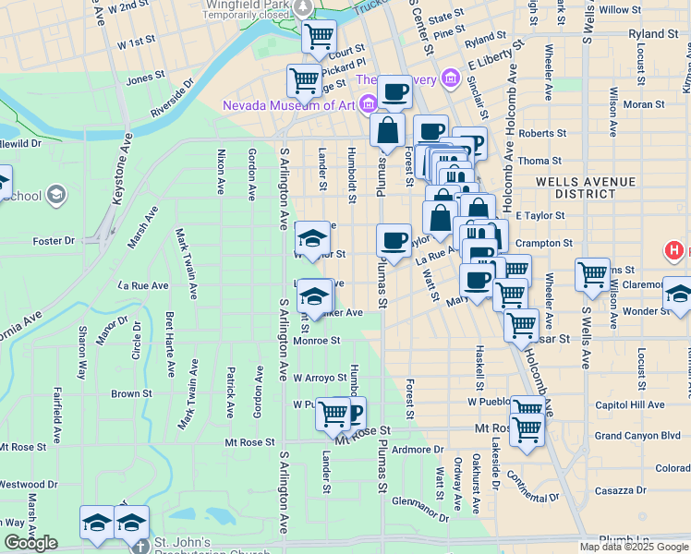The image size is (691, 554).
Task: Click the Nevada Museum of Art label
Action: click(288, 105)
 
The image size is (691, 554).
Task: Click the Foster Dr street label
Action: click(53, 241)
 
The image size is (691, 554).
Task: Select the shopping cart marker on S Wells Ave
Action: click(592, 273)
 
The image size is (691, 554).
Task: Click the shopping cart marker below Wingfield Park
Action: click(319, 38)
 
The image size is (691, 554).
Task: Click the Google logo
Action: click(31, 543)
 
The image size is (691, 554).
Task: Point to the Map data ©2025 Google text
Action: click(633, 547)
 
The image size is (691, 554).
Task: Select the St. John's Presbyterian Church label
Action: click(221, 543)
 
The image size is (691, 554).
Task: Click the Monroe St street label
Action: click(317, 341)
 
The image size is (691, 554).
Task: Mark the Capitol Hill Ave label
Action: click(630, 404)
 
